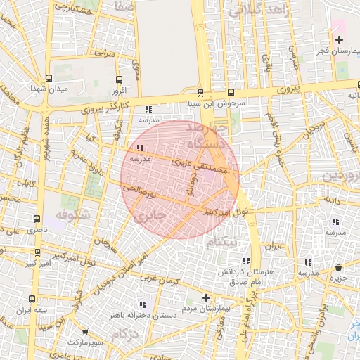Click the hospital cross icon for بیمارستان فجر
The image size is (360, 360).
340,39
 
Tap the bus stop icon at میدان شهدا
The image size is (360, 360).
48,78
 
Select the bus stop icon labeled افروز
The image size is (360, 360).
118,79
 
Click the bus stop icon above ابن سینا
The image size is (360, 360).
200,93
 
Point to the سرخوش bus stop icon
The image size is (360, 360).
231,93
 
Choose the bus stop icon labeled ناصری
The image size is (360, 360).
37,219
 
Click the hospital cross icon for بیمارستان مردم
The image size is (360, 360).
206,297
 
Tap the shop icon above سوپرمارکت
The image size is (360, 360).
85,331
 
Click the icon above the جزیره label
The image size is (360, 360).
340,267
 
